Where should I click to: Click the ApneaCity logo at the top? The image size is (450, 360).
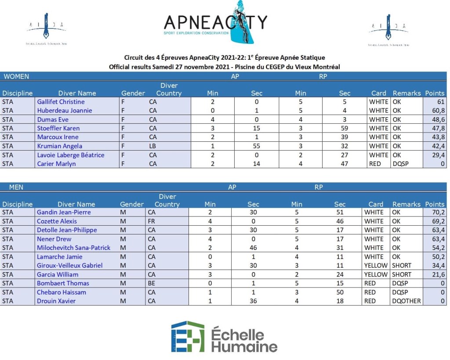click(x=215, y=23)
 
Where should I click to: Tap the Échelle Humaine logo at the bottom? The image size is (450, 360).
click(x=224, y=337)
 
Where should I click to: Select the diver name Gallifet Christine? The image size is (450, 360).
click(x=61, y=102)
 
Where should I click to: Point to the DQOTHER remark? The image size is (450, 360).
click(x=406, y=301)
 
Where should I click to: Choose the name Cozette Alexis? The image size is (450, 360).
click(x=57, y=221)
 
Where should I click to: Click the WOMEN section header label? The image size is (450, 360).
click(x=16, y=76)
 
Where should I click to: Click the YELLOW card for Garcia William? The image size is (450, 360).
click(x=376, y=274)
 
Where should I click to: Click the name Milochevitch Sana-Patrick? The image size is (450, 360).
click(x=73, y=248)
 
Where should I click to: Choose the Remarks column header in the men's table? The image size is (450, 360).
click(x=406, y=204)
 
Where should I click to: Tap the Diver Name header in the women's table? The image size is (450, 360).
click(x=77, y=93)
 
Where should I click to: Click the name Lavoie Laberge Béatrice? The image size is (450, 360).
click(x=71, y=155)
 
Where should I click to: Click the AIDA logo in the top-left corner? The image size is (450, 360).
click(x=46, y=29)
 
